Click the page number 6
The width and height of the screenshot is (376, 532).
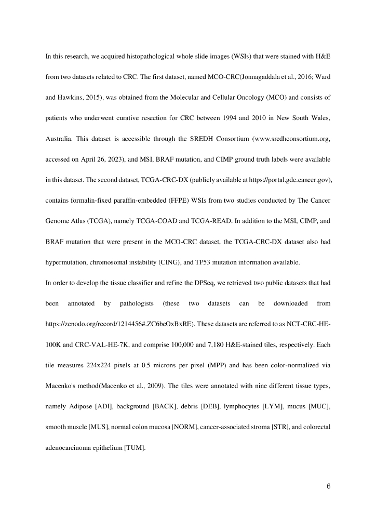pyautogui.click(x=328, y=487)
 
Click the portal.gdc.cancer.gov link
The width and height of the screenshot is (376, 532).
pyautogui.click(x=281, y=180)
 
